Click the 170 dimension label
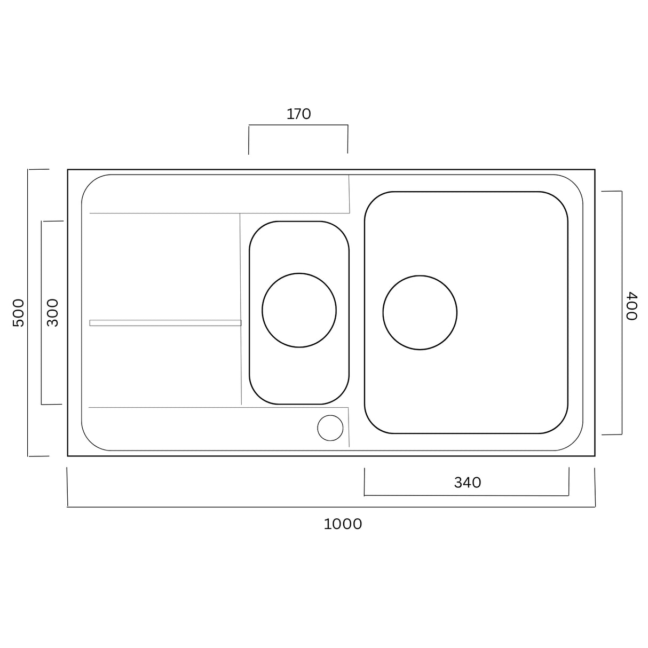click(x=298, y=114)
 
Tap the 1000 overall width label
click(x=343, y=524)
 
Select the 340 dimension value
click(x=467, y=483)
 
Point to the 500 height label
click(x=18, y=313)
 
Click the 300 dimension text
click(x=52, y=313)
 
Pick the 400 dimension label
click(x=631, y=306)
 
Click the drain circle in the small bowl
click(x=299, y=310)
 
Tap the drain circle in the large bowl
click(x=420, y=313)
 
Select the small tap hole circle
click(x=330, y=428)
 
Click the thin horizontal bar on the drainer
click(x=165, y=323)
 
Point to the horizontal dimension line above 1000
click(x=331, y=507)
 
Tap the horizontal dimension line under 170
click(x=298, y=125)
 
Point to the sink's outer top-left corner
click(x=68, y=170)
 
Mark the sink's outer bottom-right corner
click(x=595, y=456)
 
